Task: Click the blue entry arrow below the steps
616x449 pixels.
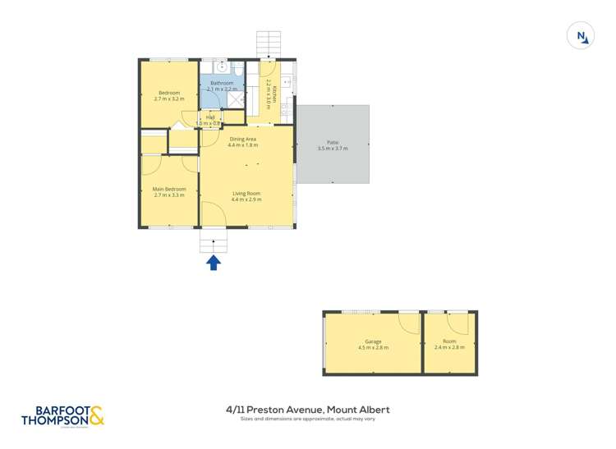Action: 213,263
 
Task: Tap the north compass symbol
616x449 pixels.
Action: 581,36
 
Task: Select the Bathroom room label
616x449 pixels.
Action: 222,83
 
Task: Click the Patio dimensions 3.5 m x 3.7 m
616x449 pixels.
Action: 333,149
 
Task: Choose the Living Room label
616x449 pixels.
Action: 246,193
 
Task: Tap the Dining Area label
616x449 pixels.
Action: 243,140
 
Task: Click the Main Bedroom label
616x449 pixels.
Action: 170,189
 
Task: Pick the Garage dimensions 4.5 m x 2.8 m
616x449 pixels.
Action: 374,347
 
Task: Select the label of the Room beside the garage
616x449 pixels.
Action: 449,341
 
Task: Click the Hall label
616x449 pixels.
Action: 210,117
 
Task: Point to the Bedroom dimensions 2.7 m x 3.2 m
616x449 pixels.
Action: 169,99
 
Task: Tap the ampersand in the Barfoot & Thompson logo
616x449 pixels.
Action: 96,416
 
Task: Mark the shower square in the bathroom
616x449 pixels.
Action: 236,99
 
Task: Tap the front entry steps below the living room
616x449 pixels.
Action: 213,241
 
